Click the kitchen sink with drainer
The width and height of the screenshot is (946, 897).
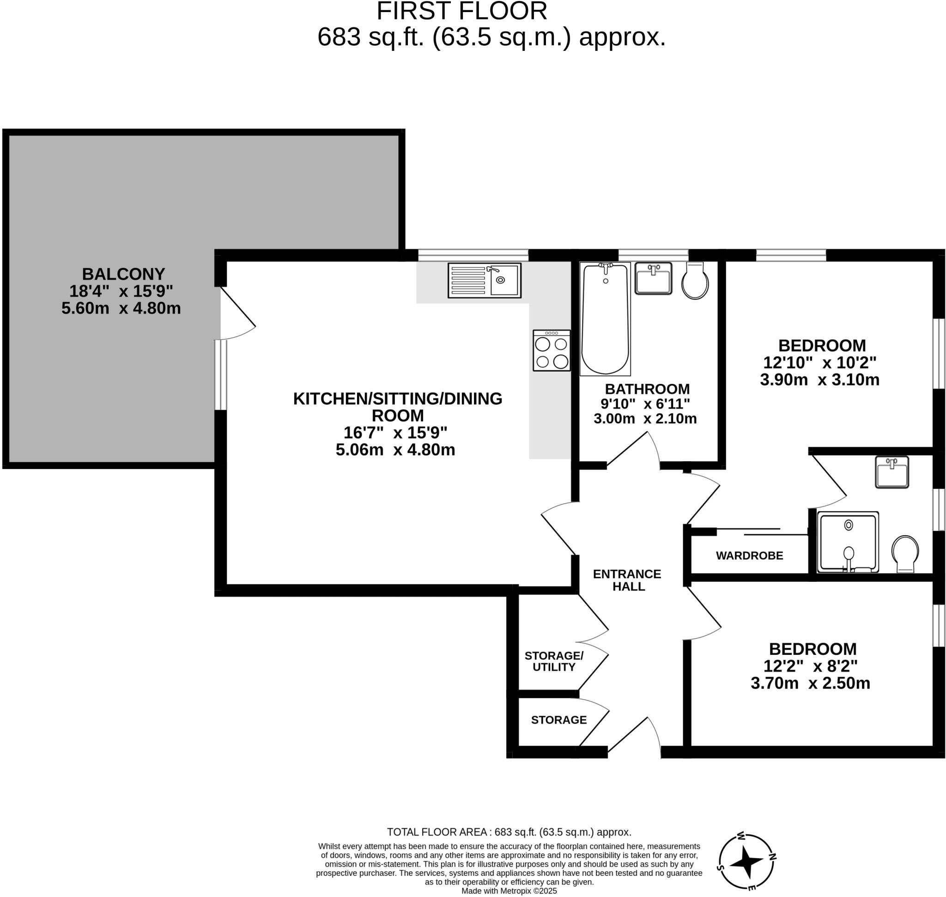[x=484, y=280]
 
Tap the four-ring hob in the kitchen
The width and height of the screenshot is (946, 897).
[x=551, y=350]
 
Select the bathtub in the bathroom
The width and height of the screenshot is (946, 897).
[x=605, y=318]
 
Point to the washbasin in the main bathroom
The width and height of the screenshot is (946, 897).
[x=653, y=278]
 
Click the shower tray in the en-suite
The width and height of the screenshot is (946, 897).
[x=848, y=542]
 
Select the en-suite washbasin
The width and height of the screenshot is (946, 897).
[x=891, y=472]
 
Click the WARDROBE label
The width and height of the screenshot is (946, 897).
[x=749, y=555]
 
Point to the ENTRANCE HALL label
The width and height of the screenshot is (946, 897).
[x=627, y=580]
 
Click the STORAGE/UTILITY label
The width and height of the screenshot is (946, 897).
[x=553, y=661]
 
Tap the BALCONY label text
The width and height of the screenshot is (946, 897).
[x=123, y=274]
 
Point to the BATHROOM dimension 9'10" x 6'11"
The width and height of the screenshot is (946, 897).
[x=645, y=404]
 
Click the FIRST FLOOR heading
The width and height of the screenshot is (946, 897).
[x=461, y=11]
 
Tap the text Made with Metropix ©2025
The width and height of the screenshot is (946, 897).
[x=509, y=891]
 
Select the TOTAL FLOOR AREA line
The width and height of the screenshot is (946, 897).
[x=509, y=832]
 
